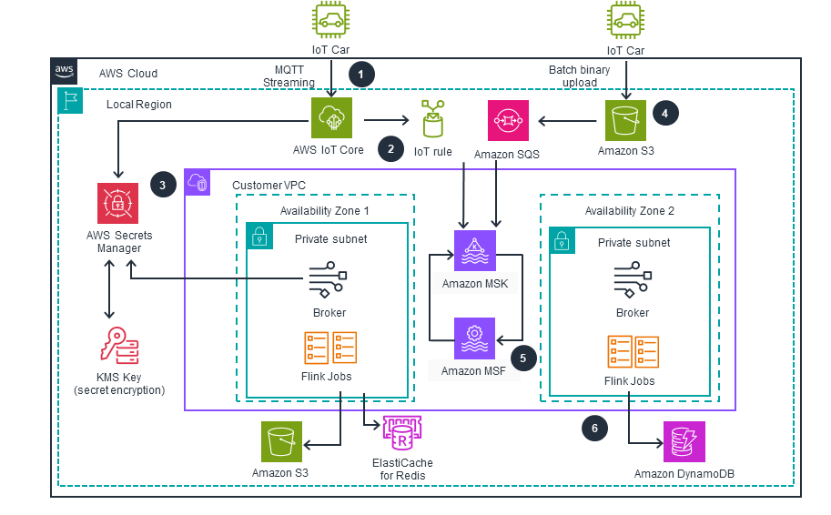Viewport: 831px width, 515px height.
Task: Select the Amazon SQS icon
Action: tap(507, 120)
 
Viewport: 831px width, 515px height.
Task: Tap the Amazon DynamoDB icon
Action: tap(684, 442)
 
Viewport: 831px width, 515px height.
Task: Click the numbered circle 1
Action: tap(363, 74)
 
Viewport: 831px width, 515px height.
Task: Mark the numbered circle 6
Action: tap(594, 427)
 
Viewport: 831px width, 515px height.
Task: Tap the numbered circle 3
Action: tap(163, 184)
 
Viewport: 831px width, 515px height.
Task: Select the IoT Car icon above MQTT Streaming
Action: tap(330, 21)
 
